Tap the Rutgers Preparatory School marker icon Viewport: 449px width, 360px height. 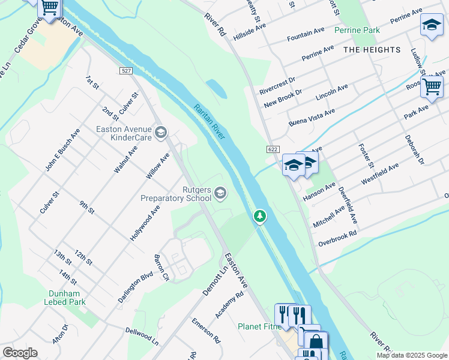[220, 192]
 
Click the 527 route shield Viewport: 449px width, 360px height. [125, 71]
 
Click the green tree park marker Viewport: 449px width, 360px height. [259, 215]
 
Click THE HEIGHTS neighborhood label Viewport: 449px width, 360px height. [372, 50]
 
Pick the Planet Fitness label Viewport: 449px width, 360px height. [259, 327]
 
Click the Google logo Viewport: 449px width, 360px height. [20, 353]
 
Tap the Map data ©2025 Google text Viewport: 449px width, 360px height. [411, 355]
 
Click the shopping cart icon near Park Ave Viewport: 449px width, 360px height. [432, 86]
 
